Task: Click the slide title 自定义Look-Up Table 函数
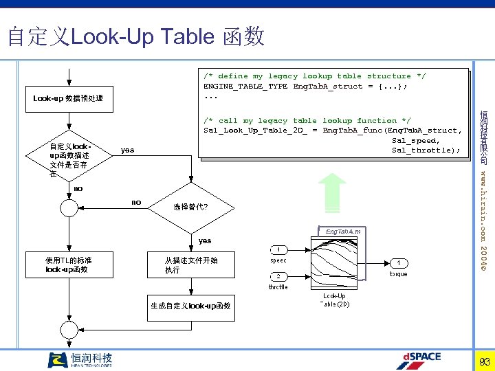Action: point(135,36)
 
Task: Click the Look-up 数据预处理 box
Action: point(68,98)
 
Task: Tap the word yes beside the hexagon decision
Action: point(127,150)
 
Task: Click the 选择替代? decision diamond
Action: point(190,207)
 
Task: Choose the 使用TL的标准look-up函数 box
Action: point(68,265)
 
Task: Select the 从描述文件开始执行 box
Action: point(190,265)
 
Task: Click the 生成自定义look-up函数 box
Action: point(190,306)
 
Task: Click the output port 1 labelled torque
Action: point(398,262)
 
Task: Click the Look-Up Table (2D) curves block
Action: point(335,265)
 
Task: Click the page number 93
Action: point(484,361)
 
